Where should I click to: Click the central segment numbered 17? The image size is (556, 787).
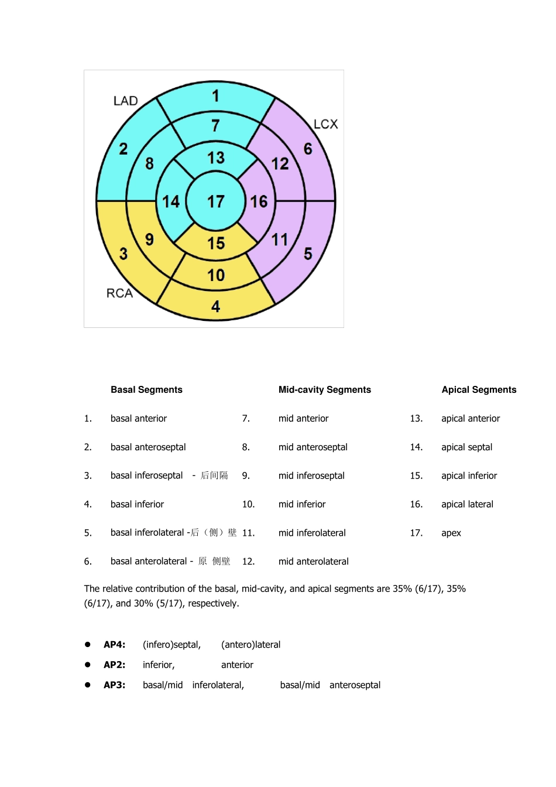coord(215,201)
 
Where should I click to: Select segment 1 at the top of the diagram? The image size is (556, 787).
coord(215,96)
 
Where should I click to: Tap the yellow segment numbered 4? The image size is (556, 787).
coord(215,306)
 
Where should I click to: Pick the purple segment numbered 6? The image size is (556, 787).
coord(308,149)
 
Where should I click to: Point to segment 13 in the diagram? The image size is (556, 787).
coord(215,158)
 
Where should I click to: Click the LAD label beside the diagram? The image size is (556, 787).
coord(125,101)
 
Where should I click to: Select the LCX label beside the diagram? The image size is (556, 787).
coord(325,124)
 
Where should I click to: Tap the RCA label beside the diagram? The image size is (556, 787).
coord(119,293)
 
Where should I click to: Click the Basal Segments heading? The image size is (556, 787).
coord(146,390)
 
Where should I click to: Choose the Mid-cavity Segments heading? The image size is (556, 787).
coord(325,390)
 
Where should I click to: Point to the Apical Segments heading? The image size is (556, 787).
coord(479,390)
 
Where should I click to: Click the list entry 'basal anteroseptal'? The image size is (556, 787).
coord(148,447)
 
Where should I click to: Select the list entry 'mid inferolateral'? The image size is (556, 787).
coord(312,533)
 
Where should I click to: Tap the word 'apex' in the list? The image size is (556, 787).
coord(451,533)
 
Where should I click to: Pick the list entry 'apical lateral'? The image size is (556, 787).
coord(467,504)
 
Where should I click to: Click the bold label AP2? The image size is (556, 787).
coord(114,665)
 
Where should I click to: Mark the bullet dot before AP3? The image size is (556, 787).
coord(88,685)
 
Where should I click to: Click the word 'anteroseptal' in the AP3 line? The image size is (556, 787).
coord(355,685)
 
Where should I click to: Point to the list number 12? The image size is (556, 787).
coord(248,562)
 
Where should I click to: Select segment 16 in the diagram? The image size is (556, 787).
coord(259,201)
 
